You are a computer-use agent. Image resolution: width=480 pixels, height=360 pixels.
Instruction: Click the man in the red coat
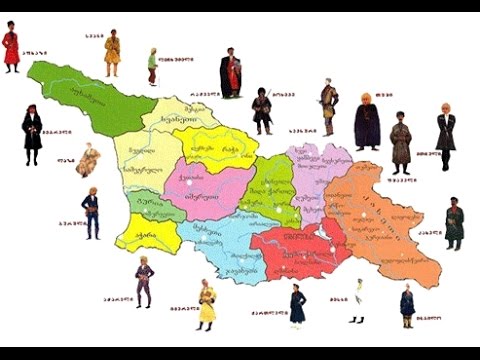click(11, 47)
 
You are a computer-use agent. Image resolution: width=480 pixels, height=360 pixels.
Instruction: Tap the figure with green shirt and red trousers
click(152, 65)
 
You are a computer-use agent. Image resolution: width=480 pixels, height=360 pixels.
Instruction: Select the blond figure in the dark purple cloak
click(367, 120)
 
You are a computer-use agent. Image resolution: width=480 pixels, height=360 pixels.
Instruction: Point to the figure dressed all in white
click(358, 300)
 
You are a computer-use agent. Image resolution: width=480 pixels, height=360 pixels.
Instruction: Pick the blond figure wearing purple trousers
click(144, 282)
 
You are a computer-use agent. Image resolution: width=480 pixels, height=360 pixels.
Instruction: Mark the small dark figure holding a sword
click(262, 107)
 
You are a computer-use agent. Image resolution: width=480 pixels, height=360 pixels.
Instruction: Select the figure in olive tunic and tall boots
click(328, 107)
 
